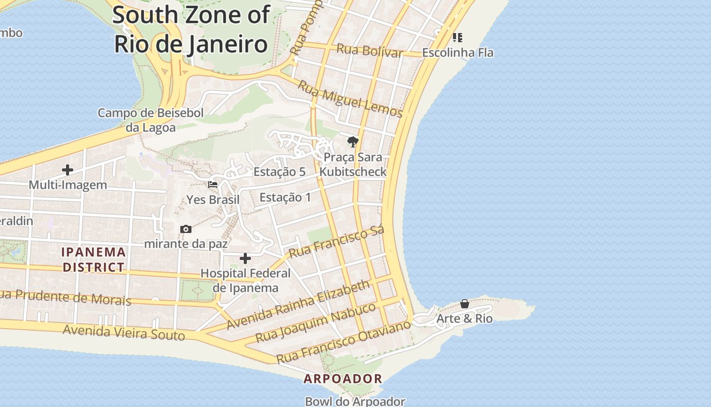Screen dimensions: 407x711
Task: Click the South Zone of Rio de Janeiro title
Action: click(191, 30)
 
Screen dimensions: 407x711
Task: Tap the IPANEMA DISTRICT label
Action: click(93, 259)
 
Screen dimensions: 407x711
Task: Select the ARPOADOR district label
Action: click(343, 379)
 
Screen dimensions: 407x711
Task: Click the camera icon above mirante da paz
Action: click(186, 229)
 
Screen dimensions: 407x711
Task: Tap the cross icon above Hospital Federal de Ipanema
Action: click(245, 259)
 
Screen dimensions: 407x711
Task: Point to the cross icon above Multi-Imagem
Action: click(68, 170)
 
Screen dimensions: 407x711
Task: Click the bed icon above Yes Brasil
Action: click(213, 185)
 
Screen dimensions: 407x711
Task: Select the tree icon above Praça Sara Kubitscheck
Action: click(353, 142)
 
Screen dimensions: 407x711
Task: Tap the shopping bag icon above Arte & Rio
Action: click(465, 304)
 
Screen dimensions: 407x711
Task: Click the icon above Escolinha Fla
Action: click(458, 38)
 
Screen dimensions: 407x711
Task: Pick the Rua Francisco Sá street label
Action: click(336, 242)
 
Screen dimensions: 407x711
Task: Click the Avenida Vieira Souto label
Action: click(124, 332)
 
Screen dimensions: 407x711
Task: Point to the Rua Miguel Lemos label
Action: click(350, 99)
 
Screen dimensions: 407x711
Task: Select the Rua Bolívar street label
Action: click(370, 50)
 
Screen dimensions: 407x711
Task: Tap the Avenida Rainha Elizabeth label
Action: click(299, 304)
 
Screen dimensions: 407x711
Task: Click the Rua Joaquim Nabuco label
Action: click(315, 322)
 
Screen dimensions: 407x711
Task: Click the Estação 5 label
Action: click(279, 172)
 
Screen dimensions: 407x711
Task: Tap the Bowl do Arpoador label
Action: click(355, 401)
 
